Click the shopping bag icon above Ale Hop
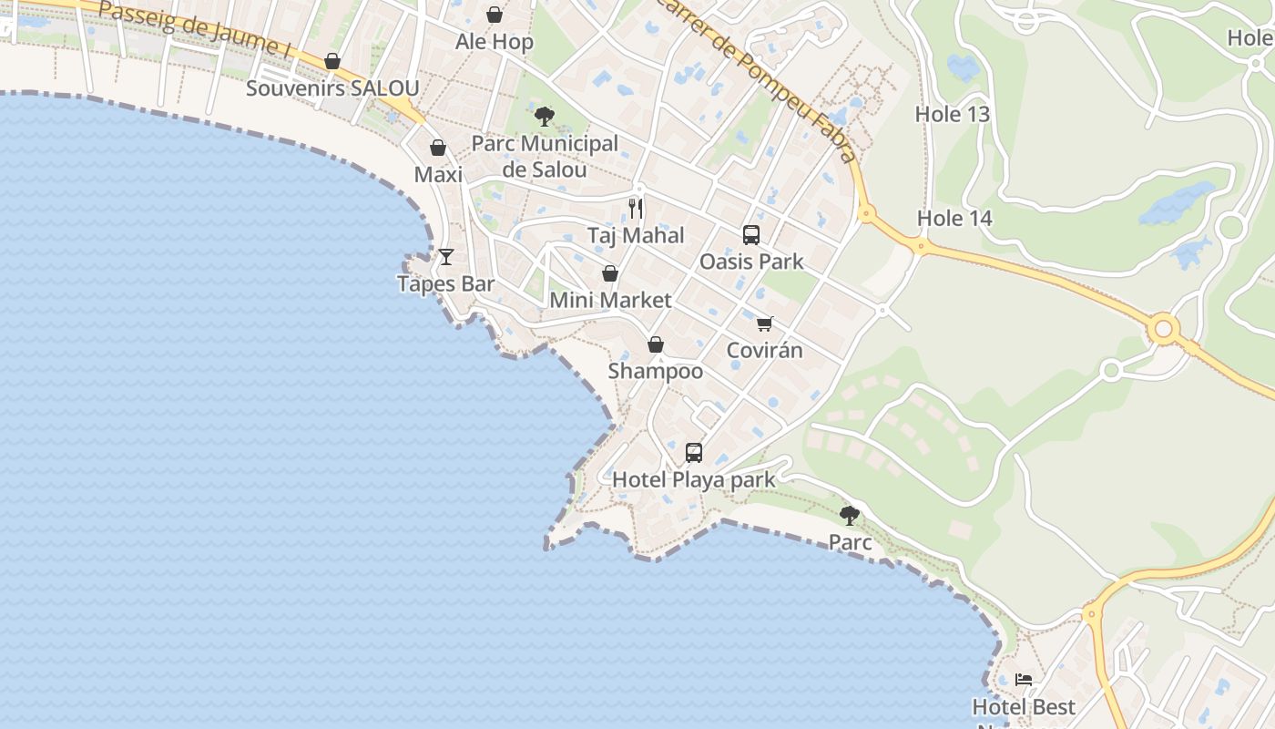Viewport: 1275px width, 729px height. point(495,15)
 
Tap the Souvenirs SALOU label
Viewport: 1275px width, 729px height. point(332,88)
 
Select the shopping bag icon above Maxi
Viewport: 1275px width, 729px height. point(438,148)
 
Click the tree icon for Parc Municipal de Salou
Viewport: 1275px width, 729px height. point(545,116)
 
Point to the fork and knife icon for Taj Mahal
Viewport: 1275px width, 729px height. point(636,209)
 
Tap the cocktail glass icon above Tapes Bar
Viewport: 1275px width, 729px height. point(446,257)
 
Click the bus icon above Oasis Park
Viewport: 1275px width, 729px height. point(751,235)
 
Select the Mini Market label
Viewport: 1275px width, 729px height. point(610,300)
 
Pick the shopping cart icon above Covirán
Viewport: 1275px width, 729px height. point(765,323)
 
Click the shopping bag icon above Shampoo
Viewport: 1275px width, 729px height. point(656,344)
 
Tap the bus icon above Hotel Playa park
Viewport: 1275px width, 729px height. point(694,453)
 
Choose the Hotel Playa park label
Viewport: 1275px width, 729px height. point(694,479)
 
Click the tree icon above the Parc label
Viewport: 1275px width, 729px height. point(850,516)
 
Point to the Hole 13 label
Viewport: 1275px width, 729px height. point(952,114)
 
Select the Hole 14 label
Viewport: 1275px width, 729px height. point(954,218)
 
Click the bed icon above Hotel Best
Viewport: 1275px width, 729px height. point(1025,680)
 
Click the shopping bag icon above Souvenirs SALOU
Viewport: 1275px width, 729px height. point(332,61)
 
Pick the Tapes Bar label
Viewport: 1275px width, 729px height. point(446,283)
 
